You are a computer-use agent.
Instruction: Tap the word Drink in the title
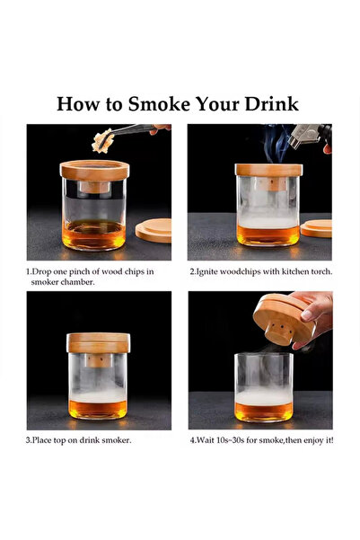(x=271, y=102)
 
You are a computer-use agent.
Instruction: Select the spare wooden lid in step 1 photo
(x=154, y=229)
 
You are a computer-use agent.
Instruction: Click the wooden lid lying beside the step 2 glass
(x=317, y=228)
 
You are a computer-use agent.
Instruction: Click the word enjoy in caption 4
(x=311, y=441)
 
